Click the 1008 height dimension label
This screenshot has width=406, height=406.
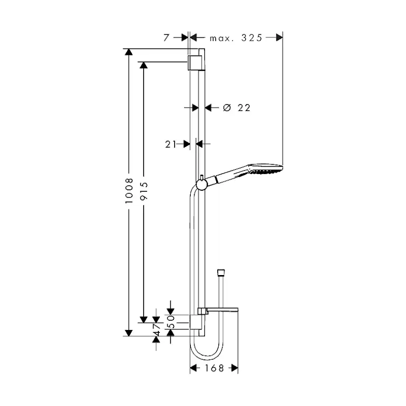(129, 192)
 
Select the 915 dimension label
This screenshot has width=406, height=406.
(144, 192)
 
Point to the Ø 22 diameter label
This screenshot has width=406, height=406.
(236, 108)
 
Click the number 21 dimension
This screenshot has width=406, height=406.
(171, 144)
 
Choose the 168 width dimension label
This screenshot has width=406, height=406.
(214, 368)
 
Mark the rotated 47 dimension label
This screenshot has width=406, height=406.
(157, 329)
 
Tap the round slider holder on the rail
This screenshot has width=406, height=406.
(201, 184)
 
